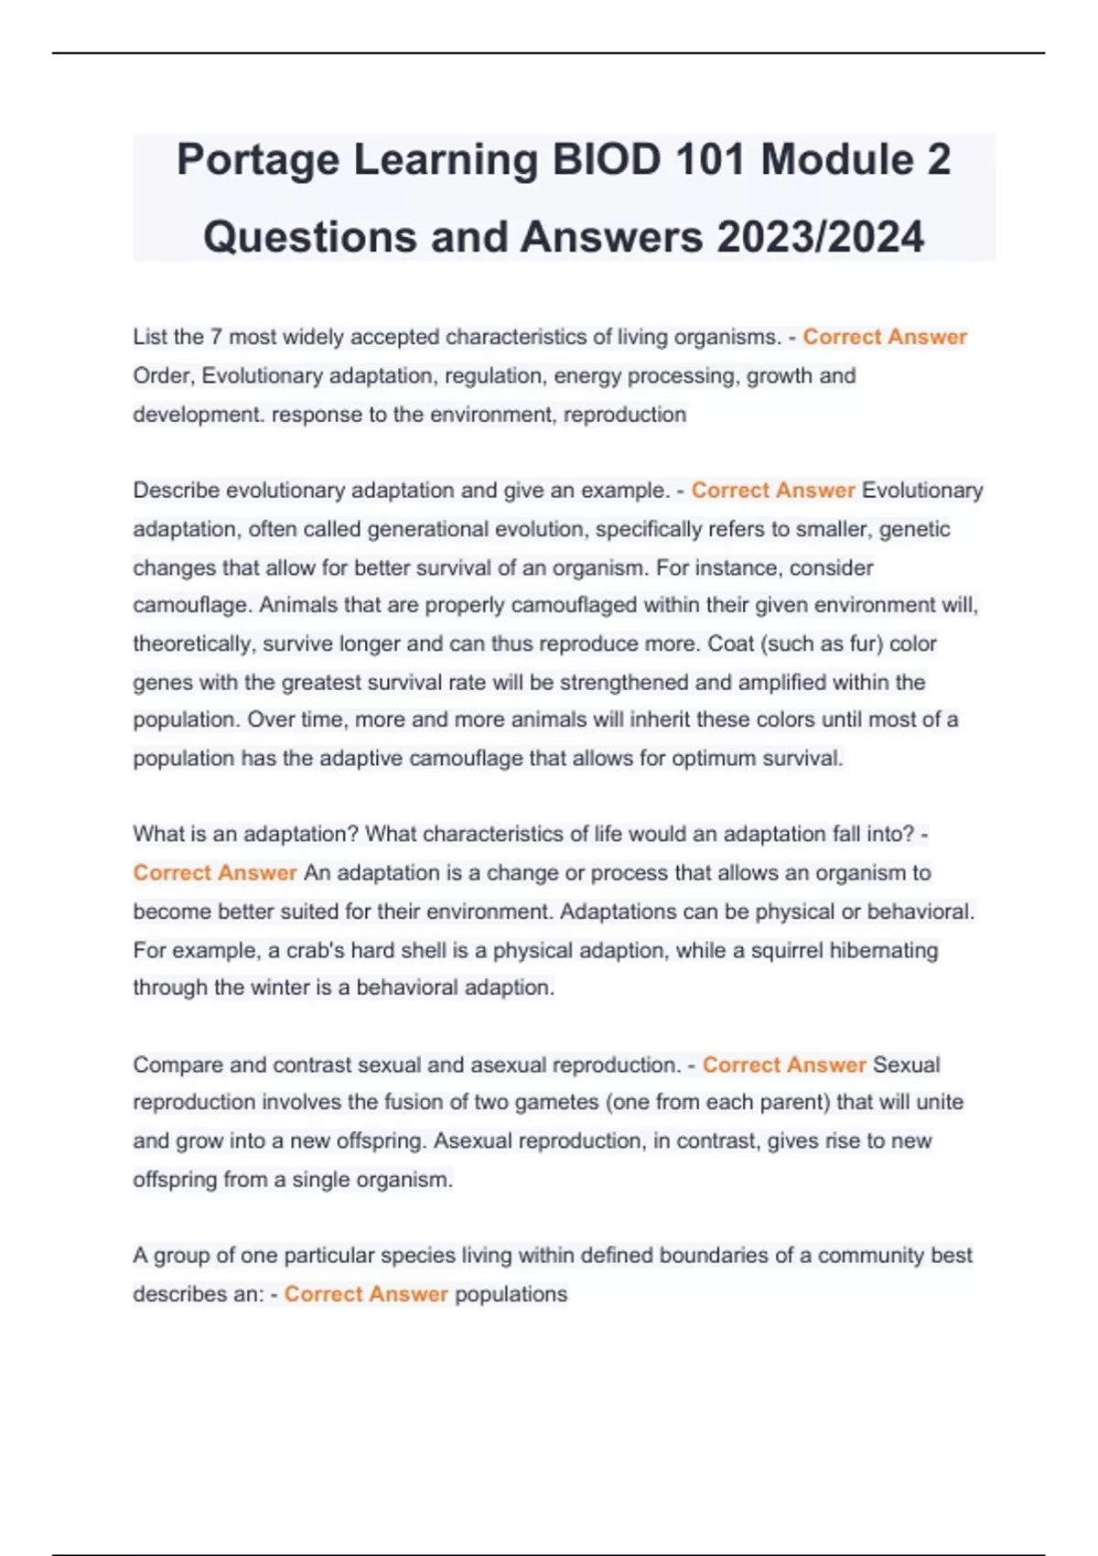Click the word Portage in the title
[258, 160]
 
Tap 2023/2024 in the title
[821, 237]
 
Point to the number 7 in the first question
[216, 337]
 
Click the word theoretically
[192, 644]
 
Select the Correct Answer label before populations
[366, 1294]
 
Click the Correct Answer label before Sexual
[784, 1065]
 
